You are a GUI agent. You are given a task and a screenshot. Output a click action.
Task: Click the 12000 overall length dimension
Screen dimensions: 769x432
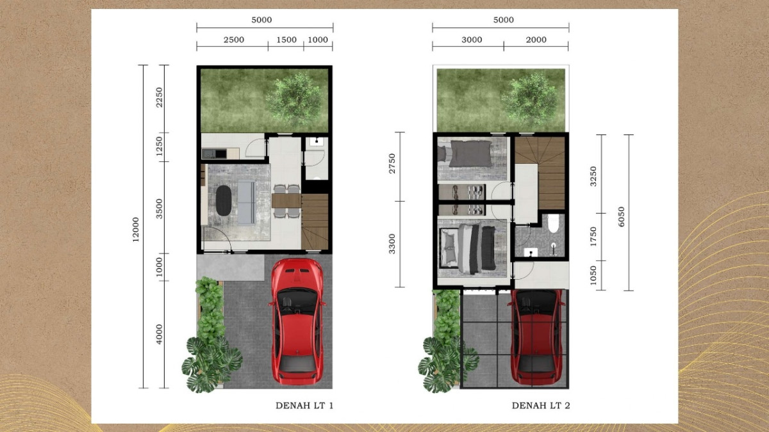point(136,230)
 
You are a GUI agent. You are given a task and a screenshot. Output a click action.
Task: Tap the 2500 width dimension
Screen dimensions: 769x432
point(234,40)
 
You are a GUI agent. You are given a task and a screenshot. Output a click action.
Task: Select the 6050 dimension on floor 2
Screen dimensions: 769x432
point(621,217)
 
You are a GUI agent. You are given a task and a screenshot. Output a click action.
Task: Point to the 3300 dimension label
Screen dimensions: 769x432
point(392,244)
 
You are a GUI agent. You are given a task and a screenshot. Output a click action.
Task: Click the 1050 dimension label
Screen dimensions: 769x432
point(593,275)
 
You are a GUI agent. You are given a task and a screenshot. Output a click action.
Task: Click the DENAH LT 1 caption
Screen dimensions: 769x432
point(304,406)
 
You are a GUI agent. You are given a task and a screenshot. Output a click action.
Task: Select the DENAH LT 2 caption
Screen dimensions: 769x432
point(541,406)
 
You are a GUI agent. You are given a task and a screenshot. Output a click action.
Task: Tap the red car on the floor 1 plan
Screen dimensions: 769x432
point(297,322)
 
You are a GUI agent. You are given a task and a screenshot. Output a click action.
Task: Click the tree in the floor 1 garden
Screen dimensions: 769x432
point(295,99)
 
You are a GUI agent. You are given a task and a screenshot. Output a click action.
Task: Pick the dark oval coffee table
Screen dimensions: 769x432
point(224,200)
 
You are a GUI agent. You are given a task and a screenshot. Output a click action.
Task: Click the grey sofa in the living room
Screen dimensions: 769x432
point(247,203)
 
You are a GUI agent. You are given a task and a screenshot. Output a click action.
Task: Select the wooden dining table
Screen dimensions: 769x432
point(286,201)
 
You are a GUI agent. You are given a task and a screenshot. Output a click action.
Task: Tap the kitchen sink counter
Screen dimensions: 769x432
point(220,153)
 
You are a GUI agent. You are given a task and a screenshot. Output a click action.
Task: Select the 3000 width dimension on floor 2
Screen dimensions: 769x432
point(472,40)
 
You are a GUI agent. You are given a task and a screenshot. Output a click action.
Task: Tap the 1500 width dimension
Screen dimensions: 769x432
point(286,40)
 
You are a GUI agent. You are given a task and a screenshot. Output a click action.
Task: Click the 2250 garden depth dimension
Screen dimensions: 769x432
point(159,97)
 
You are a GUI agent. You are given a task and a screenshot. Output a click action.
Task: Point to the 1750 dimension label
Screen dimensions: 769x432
point(593,237)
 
